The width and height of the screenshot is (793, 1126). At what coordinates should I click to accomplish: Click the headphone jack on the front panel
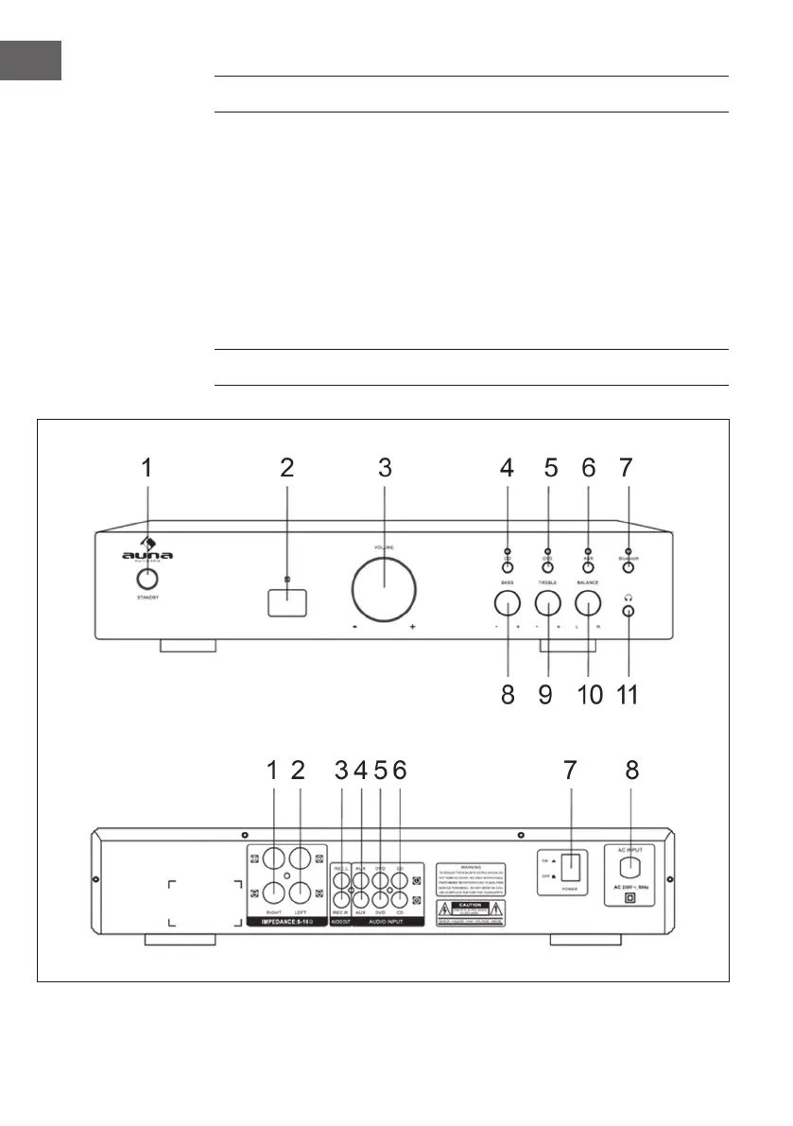[628, 611]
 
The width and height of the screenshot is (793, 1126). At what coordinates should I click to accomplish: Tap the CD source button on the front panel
[507, 569]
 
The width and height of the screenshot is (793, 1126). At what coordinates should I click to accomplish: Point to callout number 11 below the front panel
[628, 696]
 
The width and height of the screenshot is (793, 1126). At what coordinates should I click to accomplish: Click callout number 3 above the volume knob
[384, 467]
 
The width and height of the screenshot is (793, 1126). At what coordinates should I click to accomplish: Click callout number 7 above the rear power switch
[570, 771]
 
